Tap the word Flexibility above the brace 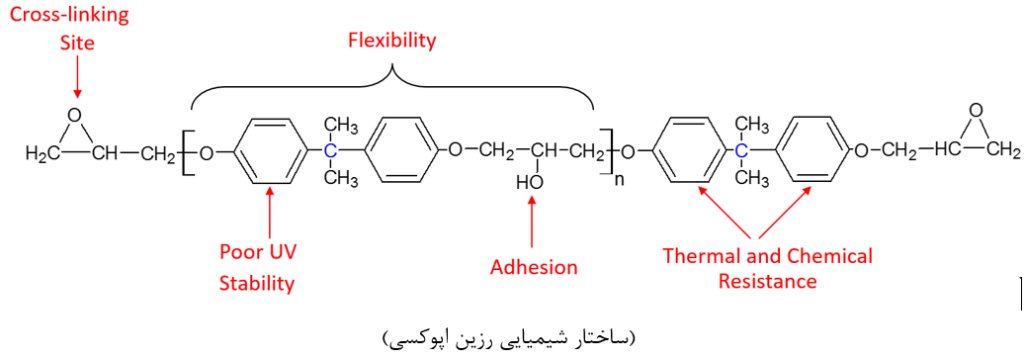coord(392,41)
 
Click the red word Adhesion coord(534,267)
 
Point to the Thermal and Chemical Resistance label coord(767,269)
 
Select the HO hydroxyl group coord(528,182)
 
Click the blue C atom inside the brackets coord(330,151)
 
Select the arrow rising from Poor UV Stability coord(269,216)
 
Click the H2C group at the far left coord(39,154)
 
